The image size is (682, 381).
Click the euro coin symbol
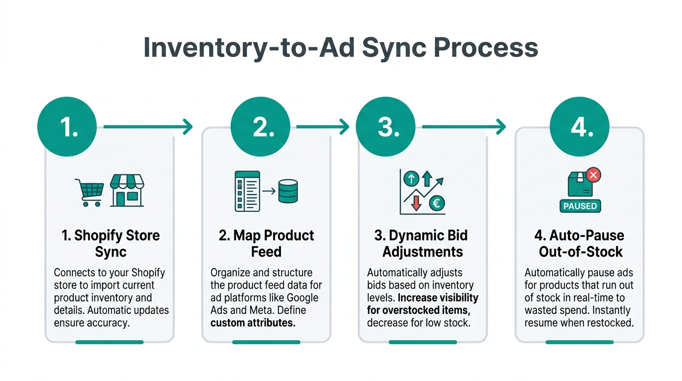[x=437, y=202]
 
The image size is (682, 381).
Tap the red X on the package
[x=593, y=175]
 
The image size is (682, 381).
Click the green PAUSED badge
[x=580, y=206]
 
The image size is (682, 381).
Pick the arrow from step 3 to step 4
[x=463, y=127]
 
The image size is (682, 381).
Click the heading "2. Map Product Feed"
[x=266, y=243]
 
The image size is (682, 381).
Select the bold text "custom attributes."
[x=253, y=323]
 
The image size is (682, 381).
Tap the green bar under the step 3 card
[x=423, y=342]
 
